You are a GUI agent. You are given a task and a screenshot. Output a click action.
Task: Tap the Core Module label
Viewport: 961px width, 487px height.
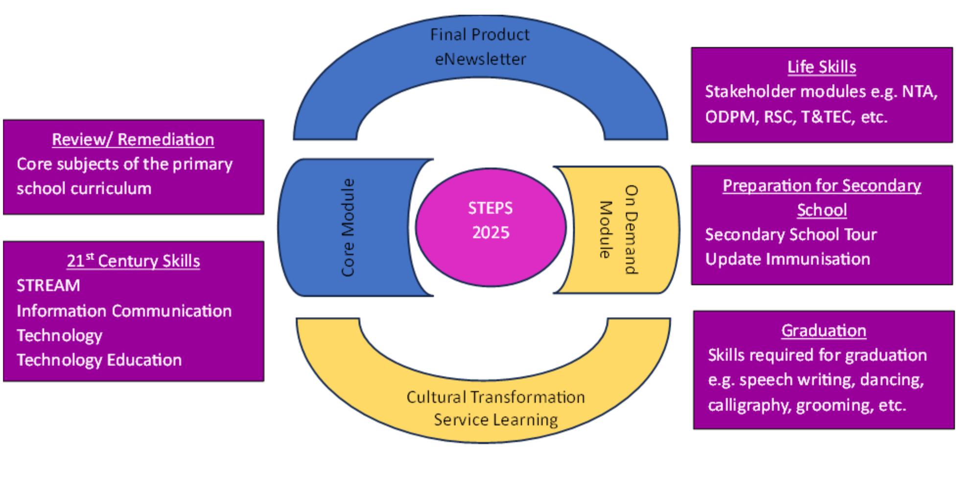point(348,227)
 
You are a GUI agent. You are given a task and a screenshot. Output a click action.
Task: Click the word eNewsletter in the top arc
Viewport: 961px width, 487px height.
point(480,59)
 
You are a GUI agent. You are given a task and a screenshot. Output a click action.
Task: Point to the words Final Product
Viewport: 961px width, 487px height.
point(480,35)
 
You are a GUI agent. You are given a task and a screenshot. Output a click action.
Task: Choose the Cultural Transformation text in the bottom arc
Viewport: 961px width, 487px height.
point(495,397)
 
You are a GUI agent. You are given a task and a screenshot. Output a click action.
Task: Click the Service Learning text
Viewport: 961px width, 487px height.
point(495,420)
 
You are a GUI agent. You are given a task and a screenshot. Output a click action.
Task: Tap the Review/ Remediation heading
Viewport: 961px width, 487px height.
point(133,140)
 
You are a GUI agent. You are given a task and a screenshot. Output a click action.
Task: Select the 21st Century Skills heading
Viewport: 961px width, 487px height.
point(133,261)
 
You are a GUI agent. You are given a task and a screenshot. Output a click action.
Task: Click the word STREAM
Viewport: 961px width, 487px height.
point(48,286)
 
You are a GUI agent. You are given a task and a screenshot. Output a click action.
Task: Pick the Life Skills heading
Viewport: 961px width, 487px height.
point(821,67)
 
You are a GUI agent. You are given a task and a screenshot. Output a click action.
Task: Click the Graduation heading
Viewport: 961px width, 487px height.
point(823,331)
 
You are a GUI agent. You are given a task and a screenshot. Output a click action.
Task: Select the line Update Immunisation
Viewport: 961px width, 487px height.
point(787,259)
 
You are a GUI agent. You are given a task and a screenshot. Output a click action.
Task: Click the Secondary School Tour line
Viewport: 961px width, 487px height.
point(791,235)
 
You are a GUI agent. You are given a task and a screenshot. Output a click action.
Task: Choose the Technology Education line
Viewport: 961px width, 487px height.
point(99,360)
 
